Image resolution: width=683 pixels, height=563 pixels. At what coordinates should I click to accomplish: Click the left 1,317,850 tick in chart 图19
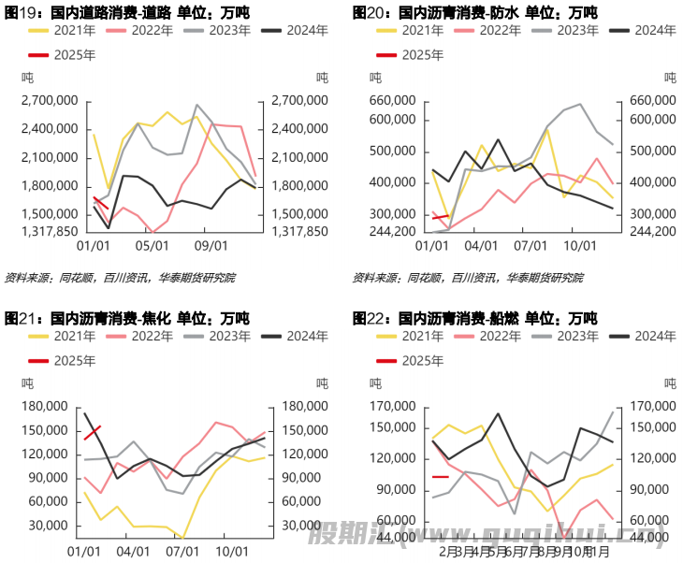(x=50, y=230)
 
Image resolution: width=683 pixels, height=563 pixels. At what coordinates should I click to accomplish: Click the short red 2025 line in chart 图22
(x=440, y=477)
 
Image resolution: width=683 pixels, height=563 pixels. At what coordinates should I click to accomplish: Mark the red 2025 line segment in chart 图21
(x=92, y=433)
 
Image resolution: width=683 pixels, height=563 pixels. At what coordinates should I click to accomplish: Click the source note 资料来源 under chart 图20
(x=467, y=278)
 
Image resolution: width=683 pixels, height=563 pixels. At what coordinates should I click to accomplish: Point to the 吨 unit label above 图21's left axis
(x=27, y=383)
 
